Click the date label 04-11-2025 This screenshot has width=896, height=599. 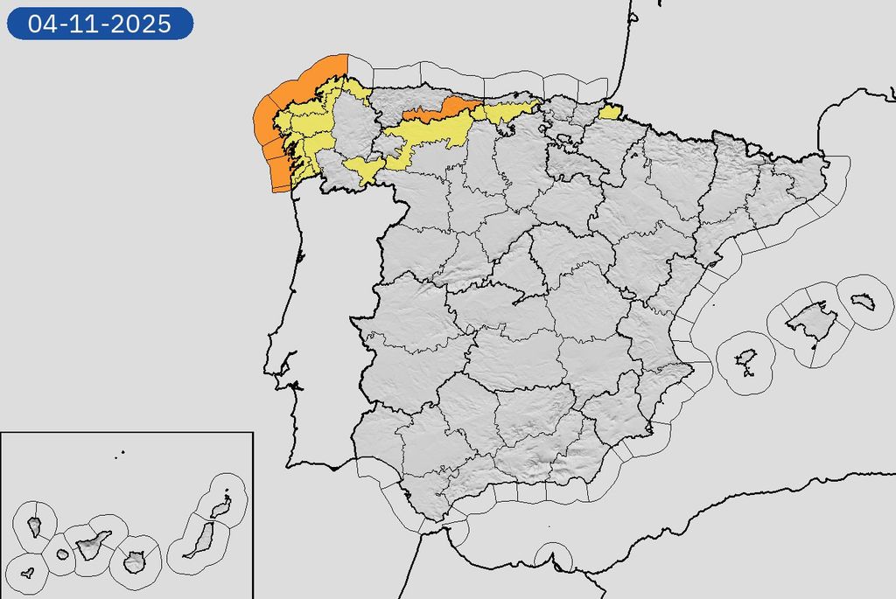tap(100, 24)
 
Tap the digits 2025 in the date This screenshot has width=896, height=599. tap(142, 24)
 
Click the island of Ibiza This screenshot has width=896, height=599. tap(745, 359)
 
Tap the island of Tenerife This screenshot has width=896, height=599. tap(93, 546)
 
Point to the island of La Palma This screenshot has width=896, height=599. tap(35, 526)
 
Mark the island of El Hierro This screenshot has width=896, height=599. tap(27, 574)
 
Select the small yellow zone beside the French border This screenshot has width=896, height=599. tap(610, 111)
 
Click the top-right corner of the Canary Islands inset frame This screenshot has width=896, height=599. tap(253, 432)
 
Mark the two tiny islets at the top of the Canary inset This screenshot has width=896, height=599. tap(121, 453)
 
